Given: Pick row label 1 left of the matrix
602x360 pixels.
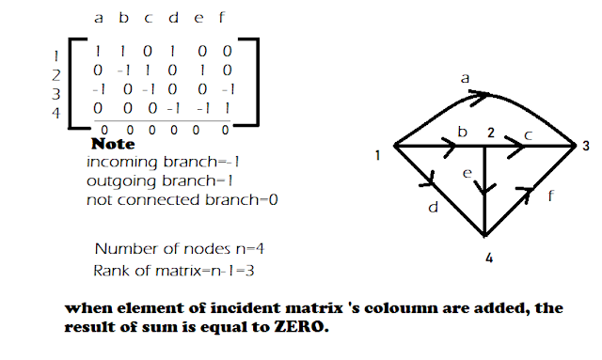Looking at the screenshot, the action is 56,55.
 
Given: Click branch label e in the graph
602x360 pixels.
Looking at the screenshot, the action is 467,173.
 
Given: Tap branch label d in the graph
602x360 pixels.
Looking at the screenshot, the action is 432,208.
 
